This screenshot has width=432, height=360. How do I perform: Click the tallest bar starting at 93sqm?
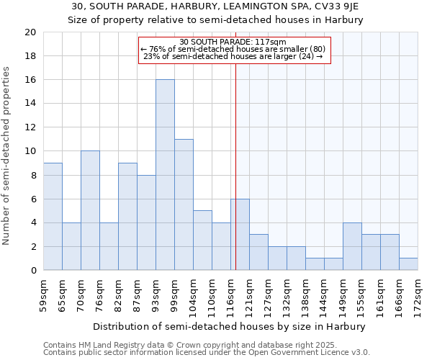(x=165, y=175)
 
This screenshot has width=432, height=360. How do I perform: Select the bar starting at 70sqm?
(x=90, y=210)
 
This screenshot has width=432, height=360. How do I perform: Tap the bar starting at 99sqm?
(x=184, y=204)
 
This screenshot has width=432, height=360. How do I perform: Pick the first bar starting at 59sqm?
(x=53, y=216)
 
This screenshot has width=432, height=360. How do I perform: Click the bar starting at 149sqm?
(x=352, y=246)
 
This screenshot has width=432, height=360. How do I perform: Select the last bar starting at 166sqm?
(x=408, y=264)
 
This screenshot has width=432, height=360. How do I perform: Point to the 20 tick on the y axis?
(x=30, y=32)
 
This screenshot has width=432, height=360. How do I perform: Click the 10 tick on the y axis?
(x=30, y=151)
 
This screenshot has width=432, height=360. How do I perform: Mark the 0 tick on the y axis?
(x=32, y=270)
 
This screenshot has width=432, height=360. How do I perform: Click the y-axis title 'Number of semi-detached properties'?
(x=7, y=155)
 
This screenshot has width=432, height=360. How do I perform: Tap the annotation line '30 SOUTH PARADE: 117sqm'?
(x=233, y=42)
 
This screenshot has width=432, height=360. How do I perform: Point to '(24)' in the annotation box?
(x=305, y=56)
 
